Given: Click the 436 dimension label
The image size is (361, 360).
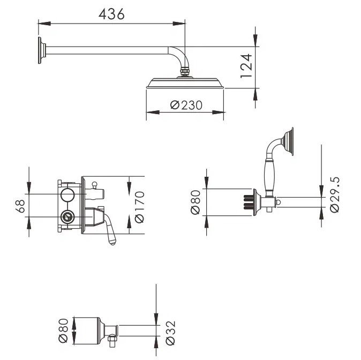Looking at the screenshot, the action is [x=111, y=14].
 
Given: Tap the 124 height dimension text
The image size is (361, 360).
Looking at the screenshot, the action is [x=246, y=66].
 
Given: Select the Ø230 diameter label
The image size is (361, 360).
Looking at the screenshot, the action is [x=186, y=105].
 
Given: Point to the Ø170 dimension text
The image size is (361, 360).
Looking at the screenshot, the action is [x=139, y=207].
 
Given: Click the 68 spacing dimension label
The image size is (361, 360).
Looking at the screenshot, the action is [x=20, y=206].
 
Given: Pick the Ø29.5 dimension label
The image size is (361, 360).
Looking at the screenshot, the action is [x=335, y=195].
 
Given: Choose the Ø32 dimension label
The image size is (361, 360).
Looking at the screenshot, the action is [x=171, y=333].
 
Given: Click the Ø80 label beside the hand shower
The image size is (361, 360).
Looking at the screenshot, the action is [x=195, y=202].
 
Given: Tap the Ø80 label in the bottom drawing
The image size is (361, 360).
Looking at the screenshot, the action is [x=63, y=331].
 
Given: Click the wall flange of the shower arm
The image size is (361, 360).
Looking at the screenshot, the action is [x=42, y=50].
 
